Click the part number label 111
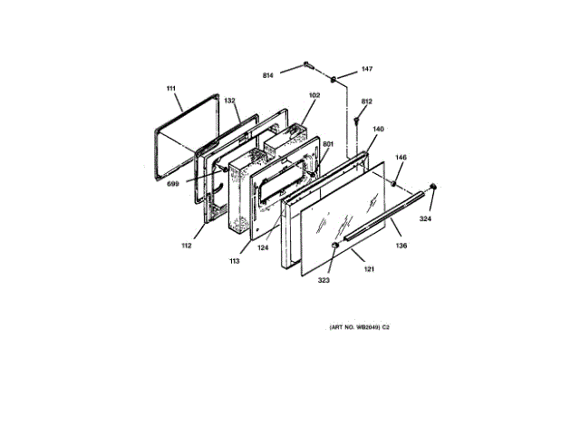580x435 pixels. coord(169,88)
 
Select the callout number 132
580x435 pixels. coord(230,101)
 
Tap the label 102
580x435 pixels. coord(314,95)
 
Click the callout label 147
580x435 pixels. coord(367,69)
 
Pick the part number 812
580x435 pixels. coord(367,101)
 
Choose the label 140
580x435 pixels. coord(378,130)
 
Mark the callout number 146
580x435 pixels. coord(401,158)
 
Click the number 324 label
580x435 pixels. coord(425,218)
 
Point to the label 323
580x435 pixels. coord(324,280)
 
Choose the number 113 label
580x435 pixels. coord(234,260)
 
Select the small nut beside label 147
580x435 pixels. coord(334,79)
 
